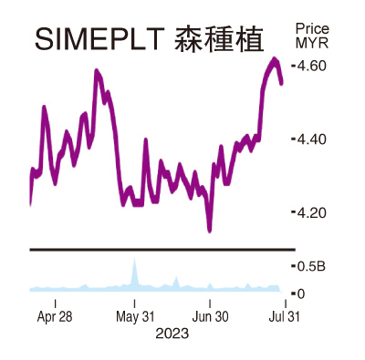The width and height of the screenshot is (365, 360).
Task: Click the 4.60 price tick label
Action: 310,66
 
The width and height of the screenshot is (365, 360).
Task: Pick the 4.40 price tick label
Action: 310,139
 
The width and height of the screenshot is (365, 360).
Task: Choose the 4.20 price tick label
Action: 310,213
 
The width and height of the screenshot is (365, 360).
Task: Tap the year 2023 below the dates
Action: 171,334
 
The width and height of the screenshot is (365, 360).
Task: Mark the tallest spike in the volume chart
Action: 134,262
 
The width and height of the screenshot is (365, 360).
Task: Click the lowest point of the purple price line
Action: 210,231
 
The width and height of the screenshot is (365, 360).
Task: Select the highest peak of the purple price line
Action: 275,60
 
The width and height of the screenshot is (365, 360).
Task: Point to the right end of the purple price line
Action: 281,83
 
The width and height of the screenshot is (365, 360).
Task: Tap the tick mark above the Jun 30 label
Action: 210,301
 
